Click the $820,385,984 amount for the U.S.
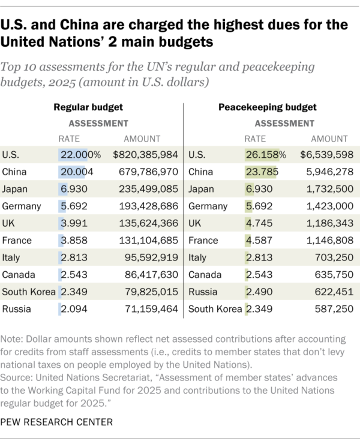pos(146,154)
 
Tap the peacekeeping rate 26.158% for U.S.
pos(265,154)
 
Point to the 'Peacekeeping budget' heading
pos(276,107)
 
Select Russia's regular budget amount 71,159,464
pos(150,310)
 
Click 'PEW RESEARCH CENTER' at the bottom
pos(57,422)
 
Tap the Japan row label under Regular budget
pos(15,189)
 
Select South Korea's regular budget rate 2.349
pos(74,292)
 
